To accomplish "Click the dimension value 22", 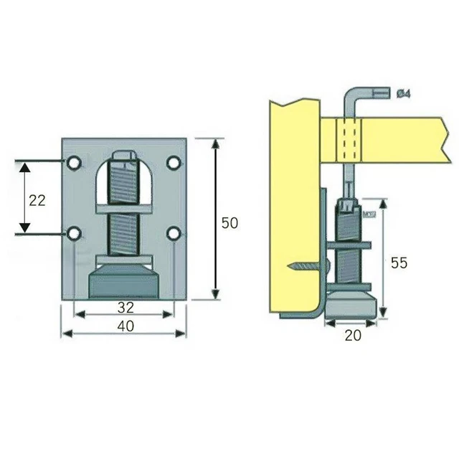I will pos(37,200).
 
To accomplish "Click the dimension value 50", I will pos(229,223).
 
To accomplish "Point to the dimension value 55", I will pos(399,262).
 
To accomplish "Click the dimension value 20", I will pos(351,335).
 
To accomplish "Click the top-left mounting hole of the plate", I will pos(74,164).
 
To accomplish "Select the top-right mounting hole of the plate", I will pos(173,164).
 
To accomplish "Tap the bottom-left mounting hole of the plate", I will pos(74,233).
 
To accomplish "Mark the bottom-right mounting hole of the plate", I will pos(173,233).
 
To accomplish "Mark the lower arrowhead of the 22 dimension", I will pos(25,226).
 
